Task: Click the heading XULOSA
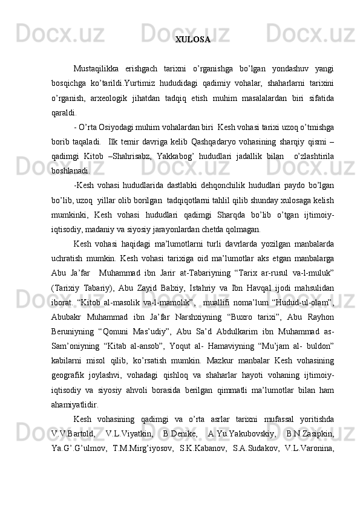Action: tap(193, 40)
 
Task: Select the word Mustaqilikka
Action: tap(97, 66)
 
